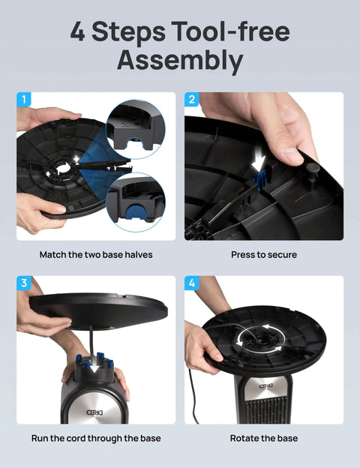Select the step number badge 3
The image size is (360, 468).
point(25,283)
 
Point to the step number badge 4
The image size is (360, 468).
point(193,283)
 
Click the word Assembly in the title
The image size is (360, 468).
point(180,61)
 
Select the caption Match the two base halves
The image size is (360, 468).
point(96,255)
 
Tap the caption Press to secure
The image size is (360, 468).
point(264,255)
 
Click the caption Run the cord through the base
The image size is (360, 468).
point(96,438)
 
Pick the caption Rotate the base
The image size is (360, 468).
point(264,438)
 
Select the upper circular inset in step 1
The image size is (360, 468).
point(136,128)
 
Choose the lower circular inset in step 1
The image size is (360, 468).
point(136,201)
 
